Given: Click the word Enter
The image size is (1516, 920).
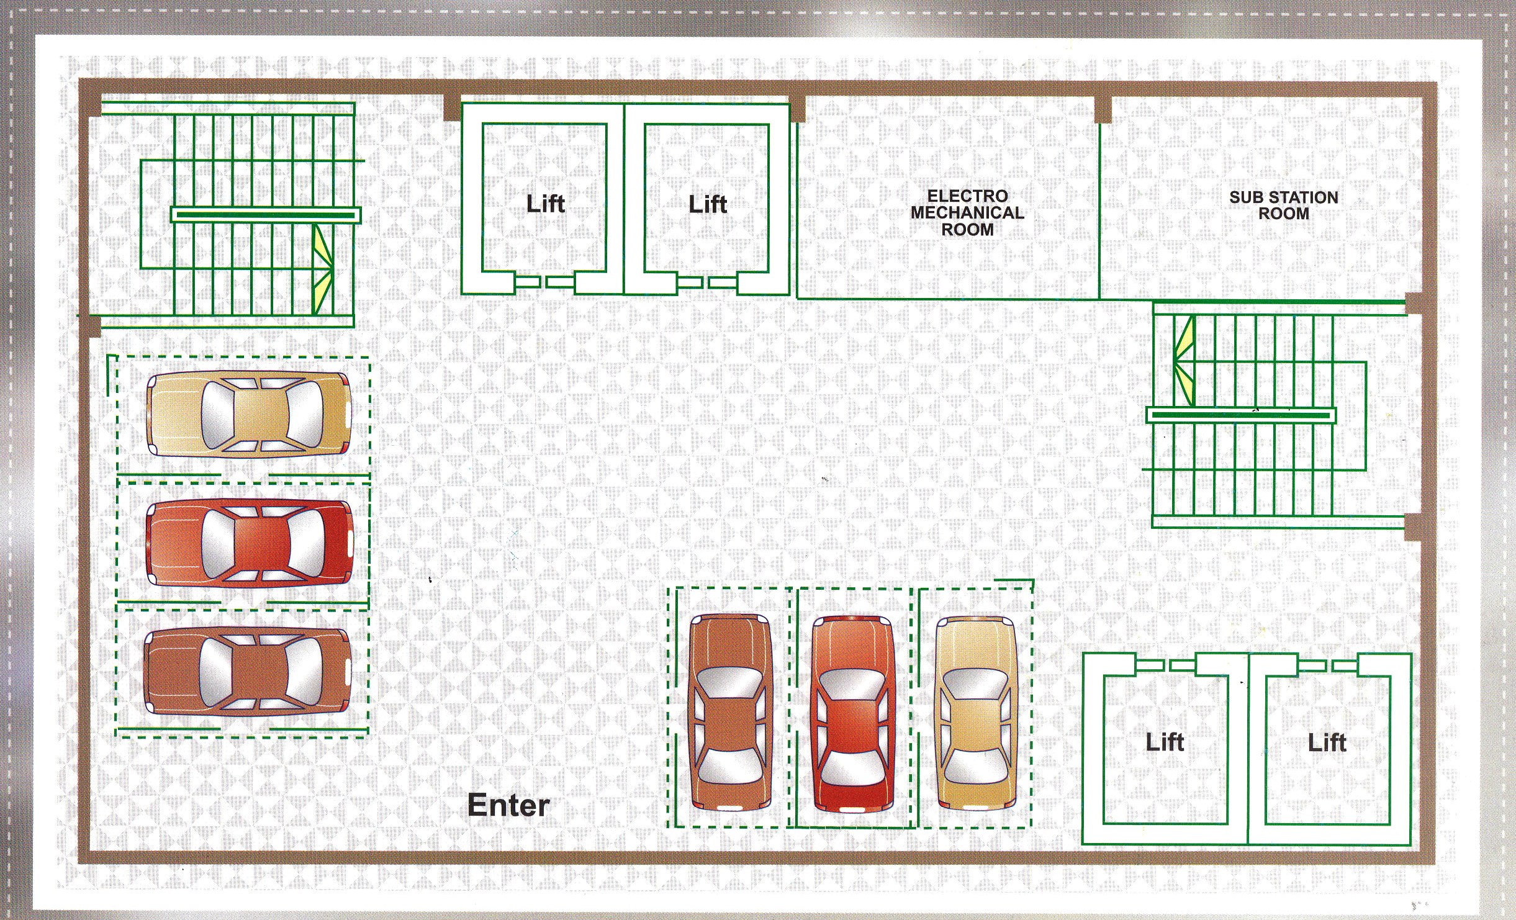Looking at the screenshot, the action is pos(508,805).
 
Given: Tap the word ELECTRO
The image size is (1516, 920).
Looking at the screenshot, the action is pos(967,196).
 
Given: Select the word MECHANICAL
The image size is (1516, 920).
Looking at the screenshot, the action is pos(967,213).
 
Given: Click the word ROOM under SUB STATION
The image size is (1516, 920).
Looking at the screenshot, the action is pos(1284,214).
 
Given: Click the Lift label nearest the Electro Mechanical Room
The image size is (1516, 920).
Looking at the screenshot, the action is pos(708,204).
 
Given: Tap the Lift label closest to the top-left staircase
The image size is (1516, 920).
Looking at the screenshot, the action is pos(546,204).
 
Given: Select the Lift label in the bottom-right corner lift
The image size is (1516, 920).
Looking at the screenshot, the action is pos(1327,742).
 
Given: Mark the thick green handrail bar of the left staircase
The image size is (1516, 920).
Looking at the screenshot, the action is pos(266,215).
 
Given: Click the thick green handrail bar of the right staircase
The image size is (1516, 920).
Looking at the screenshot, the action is pos(1240,415).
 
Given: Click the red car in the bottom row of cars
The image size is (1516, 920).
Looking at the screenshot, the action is pos(853,715).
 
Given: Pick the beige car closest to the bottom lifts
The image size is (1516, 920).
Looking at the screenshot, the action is pos(975,713).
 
